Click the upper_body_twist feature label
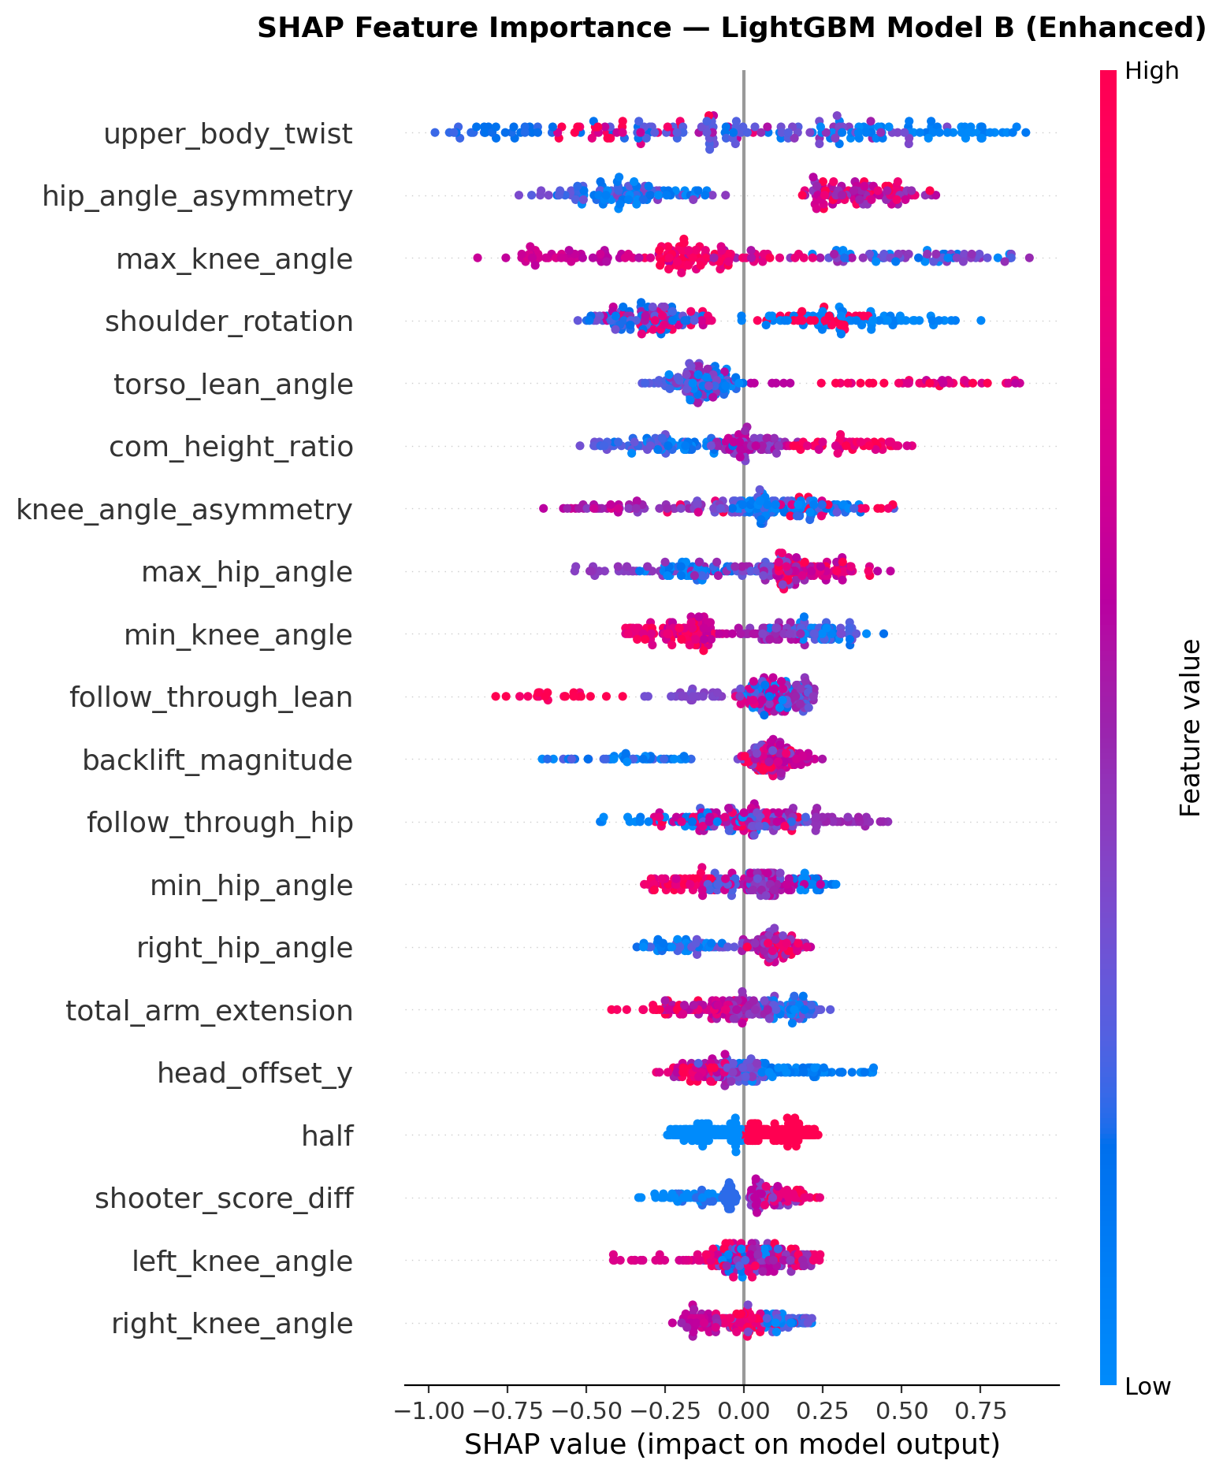[228, 135]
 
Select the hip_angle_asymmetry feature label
[197, 197]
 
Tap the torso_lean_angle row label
[233, 385]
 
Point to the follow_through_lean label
[210, 698]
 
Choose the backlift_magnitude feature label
[217, 761]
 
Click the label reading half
[327, 1137]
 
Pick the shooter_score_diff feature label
[224, 1199]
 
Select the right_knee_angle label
[232, 1325]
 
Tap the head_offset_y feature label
[255, 1074]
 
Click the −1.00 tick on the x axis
[427, 1408]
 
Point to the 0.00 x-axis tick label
[743, 1408]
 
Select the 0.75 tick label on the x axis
[980, 1408]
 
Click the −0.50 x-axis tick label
[585, 1408]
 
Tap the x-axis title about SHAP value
[732, 1444]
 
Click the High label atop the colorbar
[1151, 72]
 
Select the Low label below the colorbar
[1147, 1387]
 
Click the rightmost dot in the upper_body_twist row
[1025, 132]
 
